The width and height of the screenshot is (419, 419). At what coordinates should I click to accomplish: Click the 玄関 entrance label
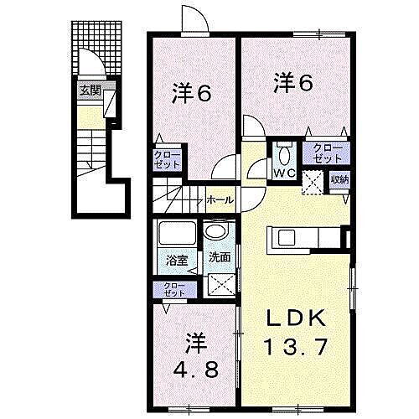click(x=89, y=91)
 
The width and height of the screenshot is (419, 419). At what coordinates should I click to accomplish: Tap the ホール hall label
click(x=220, y=200)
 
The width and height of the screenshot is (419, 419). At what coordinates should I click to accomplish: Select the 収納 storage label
click(x=339, y=178)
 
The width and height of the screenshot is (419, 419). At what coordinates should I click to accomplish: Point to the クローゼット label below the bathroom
click(x=174, y=290)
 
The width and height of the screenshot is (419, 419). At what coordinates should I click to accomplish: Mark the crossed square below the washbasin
click(x=220, y=287)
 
